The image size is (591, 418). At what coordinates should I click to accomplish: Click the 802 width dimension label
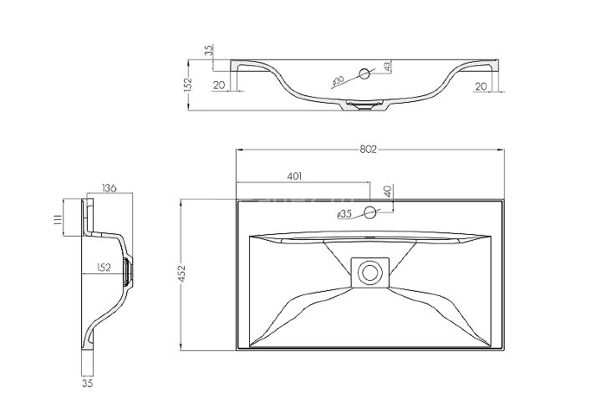click(x=369, y=150)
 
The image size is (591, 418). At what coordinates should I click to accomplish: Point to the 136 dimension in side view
click(x=109, y=188)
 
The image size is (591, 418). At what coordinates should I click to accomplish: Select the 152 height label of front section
click(x=190, y=84)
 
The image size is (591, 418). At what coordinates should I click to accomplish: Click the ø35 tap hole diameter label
click(x=344, y=215)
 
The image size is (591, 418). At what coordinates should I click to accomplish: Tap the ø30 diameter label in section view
click(x=339, y=81)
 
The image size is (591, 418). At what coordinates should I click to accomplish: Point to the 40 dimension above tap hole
click(x=387, y=191)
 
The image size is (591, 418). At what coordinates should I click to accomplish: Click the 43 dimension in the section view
click(x=387, y=66)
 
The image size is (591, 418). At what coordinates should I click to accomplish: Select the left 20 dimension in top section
click(x=219, y=85)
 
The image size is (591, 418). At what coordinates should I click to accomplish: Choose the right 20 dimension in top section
click(x=481, y=85)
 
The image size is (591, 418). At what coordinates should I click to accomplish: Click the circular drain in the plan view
click(x=368, y=272)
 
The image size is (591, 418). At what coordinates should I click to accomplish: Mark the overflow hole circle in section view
click(x=364, y=75)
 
